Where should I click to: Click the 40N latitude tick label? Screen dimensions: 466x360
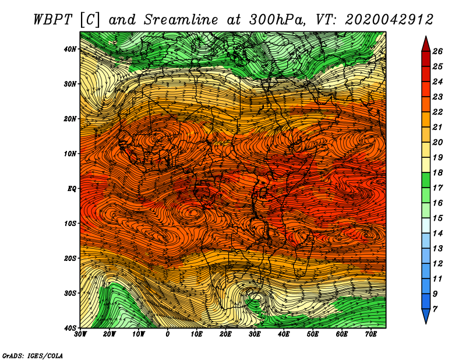click(x=70, y=49)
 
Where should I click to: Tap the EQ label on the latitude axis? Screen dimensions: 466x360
click(x=72, y=189)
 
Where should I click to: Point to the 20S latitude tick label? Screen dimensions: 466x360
click(x=70, y=258)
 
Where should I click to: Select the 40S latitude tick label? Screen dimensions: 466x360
click(x=70, y=328)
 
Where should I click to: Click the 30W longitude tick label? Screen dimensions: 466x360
click(x=80, y=334)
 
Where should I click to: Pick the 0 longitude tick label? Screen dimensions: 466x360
click(x=168, y=334)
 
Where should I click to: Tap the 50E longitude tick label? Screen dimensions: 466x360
click(x=313, y=334)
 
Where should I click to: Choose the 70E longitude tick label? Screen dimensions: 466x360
click(x=370, y=334)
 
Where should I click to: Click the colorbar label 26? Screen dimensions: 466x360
click(x=437, y=51)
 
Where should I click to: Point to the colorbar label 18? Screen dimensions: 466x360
click(x=437, y=172)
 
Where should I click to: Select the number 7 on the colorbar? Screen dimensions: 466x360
click(x=435, y=309)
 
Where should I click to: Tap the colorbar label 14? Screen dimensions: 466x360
click(x=437, y=234)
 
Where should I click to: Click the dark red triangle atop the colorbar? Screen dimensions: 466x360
click(x=426, y=45)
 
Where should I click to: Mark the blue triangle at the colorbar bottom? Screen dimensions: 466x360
click(x=426, y=315)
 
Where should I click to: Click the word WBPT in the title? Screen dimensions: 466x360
click(x=52, y=20)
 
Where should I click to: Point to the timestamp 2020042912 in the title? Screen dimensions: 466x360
click(x=389, y=20)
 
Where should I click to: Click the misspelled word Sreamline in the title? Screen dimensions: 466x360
click(x=181, y=20)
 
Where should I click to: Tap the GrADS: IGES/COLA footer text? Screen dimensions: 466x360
click(x=33, y=355)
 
